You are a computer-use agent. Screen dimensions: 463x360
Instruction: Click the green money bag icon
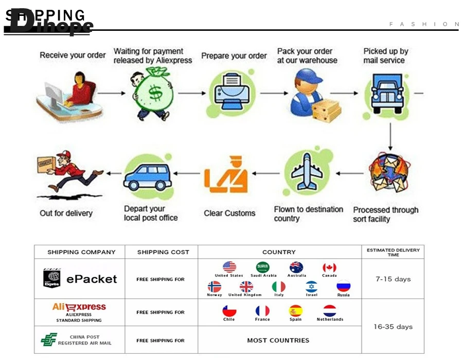click(153, 93)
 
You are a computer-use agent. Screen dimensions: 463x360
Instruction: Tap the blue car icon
click(148, 176)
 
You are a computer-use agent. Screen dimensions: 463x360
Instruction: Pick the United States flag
click(229, 267)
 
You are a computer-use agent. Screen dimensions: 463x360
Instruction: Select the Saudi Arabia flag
click(263, 267)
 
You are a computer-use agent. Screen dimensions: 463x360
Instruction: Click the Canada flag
click(329, 267)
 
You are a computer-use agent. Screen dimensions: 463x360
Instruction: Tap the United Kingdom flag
click(246, 286)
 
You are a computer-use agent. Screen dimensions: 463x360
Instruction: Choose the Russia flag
click(343, 286)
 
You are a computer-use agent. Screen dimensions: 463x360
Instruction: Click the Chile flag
click(229, 311)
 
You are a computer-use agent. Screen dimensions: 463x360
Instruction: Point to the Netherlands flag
click(330, 311)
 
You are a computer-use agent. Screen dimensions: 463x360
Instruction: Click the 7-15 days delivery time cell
click(393, 279)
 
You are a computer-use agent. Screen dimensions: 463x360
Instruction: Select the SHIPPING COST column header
click(163, 252)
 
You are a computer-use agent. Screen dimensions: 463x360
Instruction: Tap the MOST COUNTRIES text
click(278, 340)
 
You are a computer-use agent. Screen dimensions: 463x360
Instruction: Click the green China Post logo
click(49, 340)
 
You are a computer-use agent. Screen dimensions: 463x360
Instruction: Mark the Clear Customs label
click(229, 213)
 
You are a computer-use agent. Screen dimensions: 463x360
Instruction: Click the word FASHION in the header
click(424, 24)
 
